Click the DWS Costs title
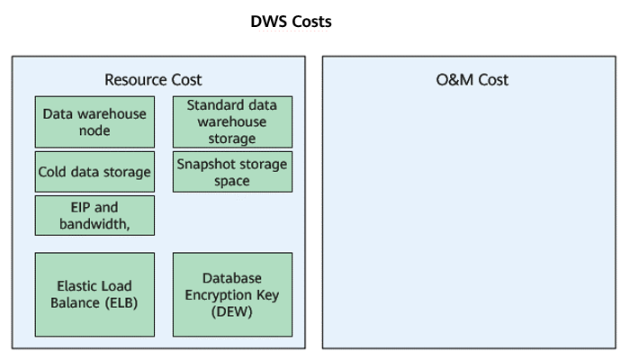click(x=291, y=22)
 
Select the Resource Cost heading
click(x=153, y=80)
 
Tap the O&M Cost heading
click(x=472, y=80)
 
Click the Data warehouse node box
click(x=94, y=121)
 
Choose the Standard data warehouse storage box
click(x=232, y=121)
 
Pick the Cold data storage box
click(x=94, y=172)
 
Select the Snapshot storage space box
click(x=232, y=172)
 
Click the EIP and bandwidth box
click(x=94, y=215)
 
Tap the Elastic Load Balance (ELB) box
click(x=94, y=294)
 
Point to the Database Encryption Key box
click(x=232, y=294)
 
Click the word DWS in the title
click(x=267, y=22)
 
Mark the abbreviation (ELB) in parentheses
click(x=121, y=303)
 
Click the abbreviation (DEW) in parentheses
click(x=232, y=311)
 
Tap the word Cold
click(x=52, y=172)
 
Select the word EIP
click(x=80, y=207)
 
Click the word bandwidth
click(x=94, y=224)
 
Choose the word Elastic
click(x=75, y=286)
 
